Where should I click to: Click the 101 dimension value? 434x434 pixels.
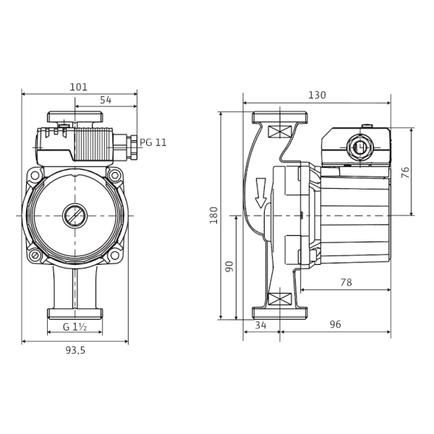tap(78, 88)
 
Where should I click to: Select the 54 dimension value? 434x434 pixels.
tap(106, 100)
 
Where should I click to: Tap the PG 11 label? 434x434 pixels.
tap(153, 142)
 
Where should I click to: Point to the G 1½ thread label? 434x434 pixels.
tap(75, 327)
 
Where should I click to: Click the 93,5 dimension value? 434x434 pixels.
tap(75, 350)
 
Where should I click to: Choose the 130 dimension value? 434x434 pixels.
tap(317, 95)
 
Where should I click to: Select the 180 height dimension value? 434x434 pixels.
tap(214, 215)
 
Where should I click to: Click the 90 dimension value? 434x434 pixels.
tap(229, 266)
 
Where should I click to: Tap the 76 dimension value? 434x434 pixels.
tap(405, 172)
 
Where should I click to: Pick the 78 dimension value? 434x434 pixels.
tap(346, 282)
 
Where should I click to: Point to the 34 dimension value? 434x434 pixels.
tap(260, 325)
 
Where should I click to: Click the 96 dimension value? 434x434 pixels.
tap(335, 324)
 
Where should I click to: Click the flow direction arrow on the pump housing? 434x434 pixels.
tap(260, 192)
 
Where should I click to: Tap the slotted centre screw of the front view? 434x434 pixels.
tap(75, 216)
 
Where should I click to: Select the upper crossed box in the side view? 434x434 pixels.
tap(280, 132)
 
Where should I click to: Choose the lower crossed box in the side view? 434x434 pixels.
tap(280, 299)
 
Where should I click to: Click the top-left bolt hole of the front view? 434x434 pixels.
tap(35, 175)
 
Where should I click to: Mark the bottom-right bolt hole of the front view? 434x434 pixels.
tap(114, 255)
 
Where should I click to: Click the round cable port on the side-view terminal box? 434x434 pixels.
tap(359, 147)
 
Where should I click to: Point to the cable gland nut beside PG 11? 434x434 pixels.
tap(134, 147)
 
